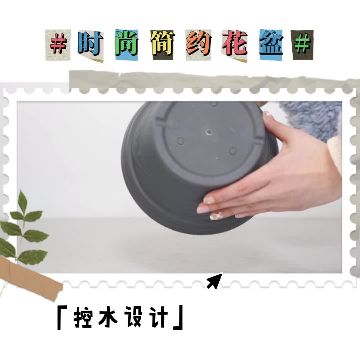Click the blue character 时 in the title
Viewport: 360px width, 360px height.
pyautogui.click(x=90, y=43)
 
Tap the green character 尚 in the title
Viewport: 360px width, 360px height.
pyautogui.click(x=126, y=43)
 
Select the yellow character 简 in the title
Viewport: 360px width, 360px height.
pyautogui.click(x=163, y=43)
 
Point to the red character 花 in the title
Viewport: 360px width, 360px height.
pyautogui.click(x=235, y=43)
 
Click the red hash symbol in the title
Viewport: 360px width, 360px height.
pyautogui.click(x=58, y=44)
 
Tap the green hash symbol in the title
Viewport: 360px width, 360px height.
pyautogui.click(x=303, y=44)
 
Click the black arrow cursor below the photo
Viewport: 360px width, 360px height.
pyautogui.click(x=215, y=281)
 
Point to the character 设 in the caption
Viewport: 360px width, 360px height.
pyautogui.click(x=133, y=318)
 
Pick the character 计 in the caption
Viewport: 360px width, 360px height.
pyautogui.click(x=158, y=318)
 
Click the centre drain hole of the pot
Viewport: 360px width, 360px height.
pyautogui.click(x=209, y=132)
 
